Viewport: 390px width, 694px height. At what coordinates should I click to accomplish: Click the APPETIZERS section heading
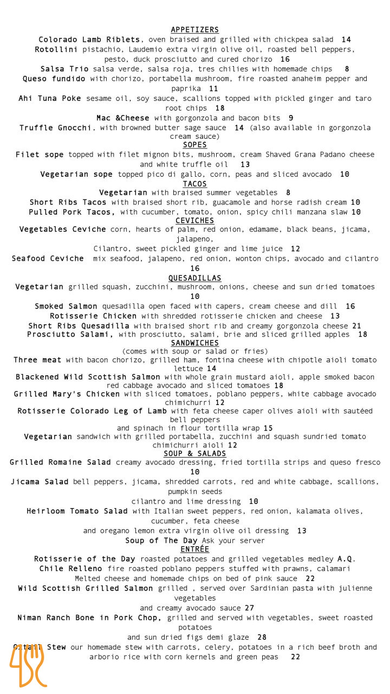194,30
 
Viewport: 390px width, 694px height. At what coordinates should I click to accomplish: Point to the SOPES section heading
194,145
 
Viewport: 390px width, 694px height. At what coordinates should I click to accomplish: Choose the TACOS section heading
194,184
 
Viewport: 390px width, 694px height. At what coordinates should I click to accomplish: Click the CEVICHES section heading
194,221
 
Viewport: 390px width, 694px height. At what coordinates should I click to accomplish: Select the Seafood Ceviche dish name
48,259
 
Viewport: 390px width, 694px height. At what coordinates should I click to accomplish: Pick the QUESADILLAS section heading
194,278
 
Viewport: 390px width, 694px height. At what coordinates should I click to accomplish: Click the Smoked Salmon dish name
66,306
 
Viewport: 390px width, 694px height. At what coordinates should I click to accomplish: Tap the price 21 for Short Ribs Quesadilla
356,326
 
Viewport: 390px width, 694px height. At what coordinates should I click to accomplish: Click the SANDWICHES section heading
194,343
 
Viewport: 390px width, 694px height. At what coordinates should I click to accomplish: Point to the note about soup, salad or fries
194,351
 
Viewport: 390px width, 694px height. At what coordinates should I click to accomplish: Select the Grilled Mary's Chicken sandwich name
67,394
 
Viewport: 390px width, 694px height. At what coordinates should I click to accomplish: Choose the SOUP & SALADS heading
194,453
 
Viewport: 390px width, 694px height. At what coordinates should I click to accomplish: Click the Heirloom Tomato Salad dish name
77,511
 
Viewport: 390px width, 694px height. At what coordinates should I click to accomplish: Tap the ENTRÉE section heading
194,549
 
